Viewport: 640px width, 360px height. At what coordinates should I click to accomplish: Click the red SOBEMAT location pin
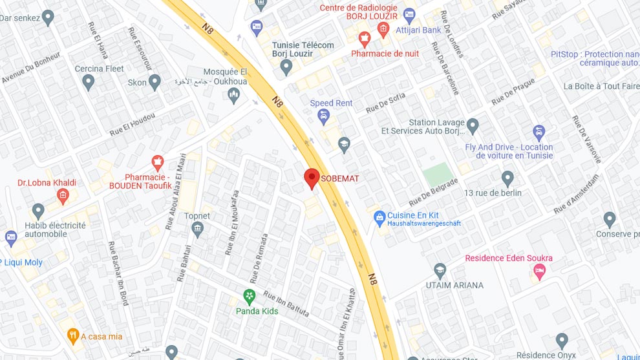pyautogui.click(x=312, y=178)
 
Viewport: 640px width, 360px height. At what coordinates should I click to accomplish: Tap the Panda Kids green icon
pyautogui.click(x=249, y=297)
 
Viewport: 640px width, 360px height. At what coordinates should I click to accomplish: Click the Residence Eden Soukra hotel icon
pyautogui.click(x=539, y=271)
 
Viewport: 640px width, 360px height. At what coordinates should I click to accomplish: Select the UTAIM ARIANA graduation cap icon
pyautogui.click(x=440, y=270)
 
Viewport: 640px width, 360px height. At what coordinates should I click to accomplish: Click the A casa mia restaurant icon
pyautogui.click(x=72, y=336)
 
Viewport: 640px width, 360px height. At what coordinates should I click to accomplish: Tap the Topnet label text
pyautogui.click(x=197, y=216)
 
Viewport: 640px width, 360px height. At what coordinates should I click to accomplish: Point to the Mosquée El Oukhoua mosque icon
pyautogui.click(x=234, y=96)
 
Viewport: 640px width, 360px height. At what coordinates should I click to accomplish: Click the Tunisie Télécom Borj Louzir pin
pyautogui.click(x=286, y=67)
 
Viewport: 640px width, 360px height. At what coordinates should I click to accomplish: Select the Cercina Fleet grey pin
pyautogui.click(x=89, y=82)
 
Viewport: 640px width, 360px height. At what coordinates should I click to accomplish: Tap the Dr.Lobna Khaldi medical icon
pyautogui.click(x=63, y=196)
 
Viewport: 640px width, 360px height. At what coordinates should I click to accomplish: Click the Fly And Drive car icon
pyautogui.click(x=539, y=133)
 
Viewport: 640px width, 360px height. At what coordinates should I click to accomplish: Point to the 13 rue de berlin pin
pyautogui.click(x=507, y=178)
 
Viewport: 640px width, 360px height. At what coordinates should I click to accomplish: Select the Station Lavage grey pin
pyautogui.click(x=473, y=125)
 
